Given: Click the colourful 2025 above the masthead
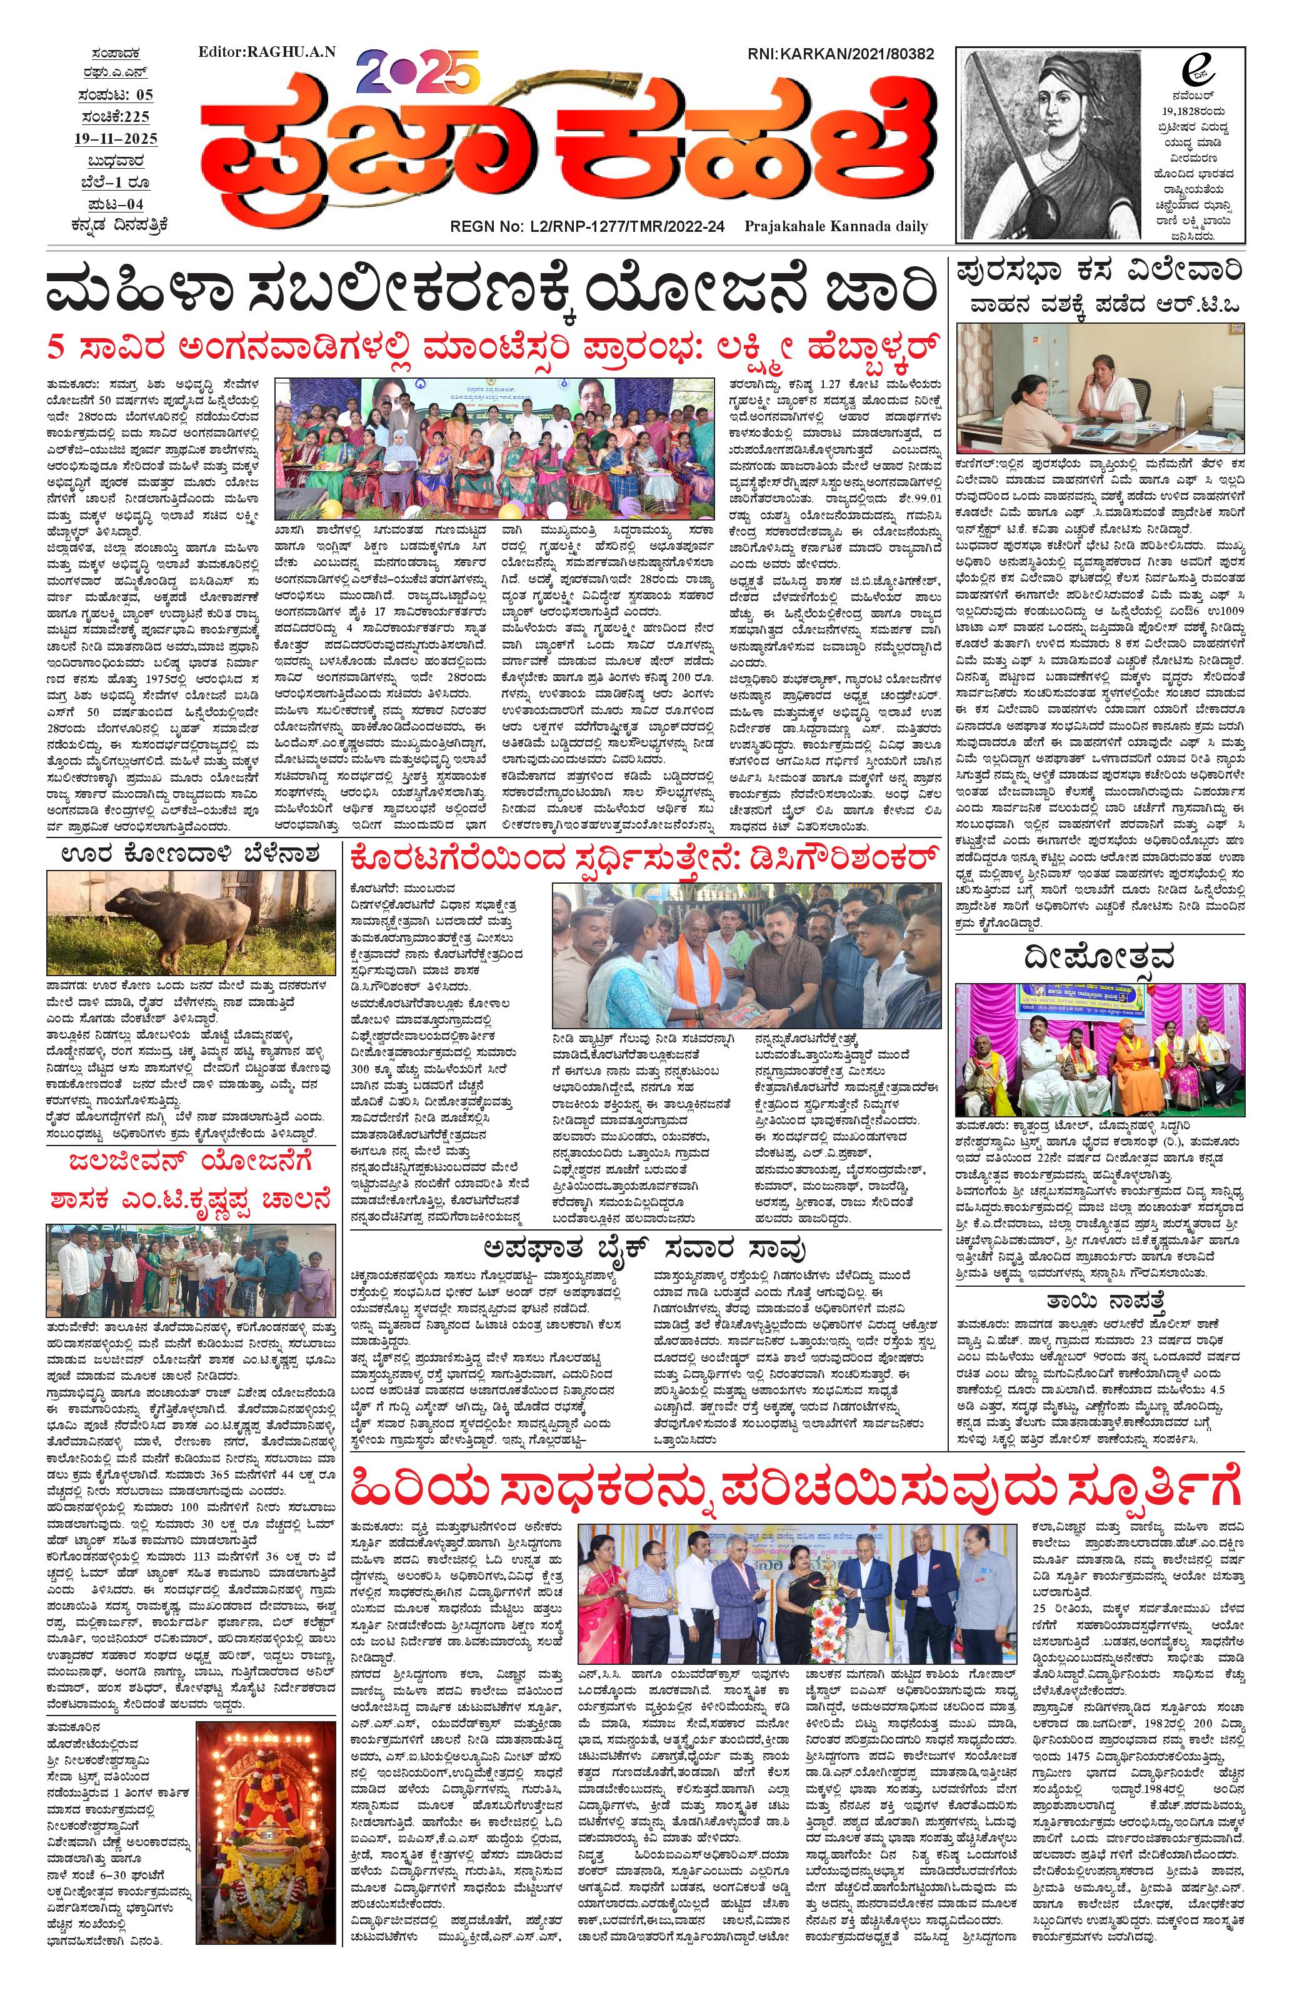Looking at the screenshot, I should (417, 71).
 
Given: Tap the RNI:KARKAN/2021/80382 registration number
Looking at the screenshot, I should (841, 54).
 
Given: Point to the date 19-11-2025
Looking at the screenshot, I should (115, 138).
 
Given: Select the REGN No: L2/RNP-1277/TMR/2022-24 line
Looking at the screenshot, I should (587, 226).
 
